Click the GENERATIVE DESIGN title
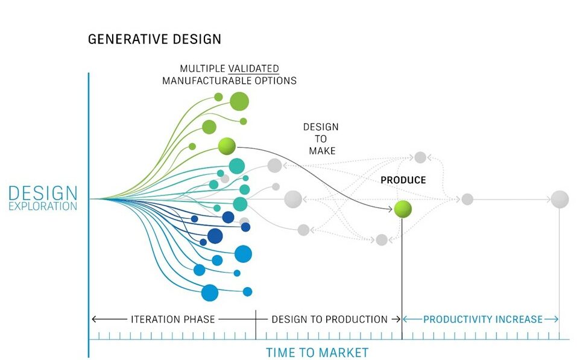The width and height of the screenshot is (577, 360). [154, 39]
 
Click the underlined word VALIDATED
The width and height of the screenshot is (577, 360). [254, 69]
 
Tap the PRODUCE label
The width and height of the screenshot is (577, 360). [403, 180]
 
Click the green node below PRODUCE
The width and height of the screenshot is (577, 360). [403, 209]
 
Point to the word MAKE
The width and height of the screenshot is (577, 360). [323, 151]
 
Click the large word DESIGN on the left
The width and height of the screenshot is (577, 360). [43, 193]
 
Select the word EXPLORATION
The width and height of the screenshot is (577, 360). [43, 206]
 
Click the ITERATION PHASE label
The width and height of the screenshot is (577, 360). [173, 319]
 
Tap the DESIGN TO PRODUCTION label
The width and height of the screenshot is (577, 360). [330, 319]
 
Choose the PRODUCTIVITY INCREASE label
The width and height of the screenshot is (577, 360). [483, 319]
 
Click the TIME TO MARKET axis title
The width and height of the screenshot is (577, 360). [317, 352]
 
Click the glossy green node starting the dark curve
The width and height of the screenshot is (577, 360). [227, 147]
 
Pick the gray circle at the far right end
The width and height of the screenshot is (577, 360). [560, 200]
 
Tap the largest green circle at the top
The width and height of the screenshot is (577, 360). [239, 101]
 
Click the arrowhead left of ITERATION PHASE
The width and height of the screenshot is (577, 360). [94, 319]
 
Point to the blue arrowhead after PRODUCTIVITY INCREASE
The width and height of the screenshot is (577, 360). [556, 319]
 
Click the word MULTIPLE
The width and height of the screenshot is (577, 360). [203, 69]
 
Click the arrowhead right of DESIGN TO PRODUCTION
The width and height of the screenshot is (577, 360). [398, 319]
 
